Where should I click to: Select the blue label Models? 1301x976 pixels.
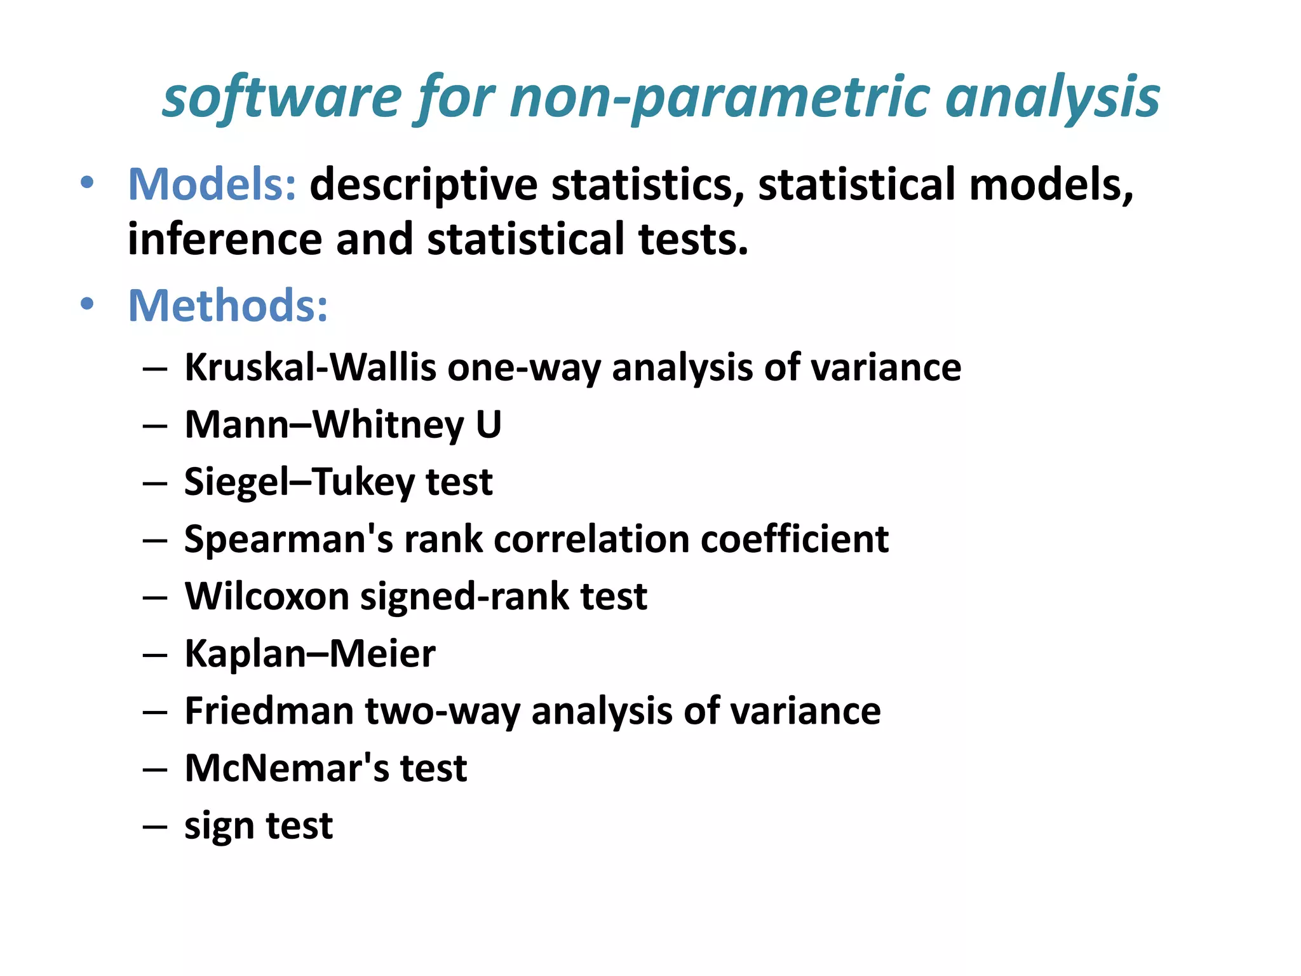tap(212, 184)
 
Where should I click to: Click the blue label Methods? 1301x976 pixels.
tap(228, 306)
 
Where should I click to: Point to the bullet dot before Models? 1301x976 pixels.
tap(87, 183)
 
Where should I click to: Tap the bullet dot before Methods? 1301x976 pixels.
tap(87, 304)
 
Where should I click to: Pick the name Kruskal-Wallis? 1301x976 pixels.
tap(310, 367)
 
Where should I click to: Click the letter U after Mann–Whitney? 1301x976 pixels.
tap(488, 424)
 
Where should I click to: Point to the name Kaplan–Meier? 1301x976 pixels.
tap(310, 654)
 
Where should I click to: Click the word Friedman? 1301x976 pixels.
tap(269, 711)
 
